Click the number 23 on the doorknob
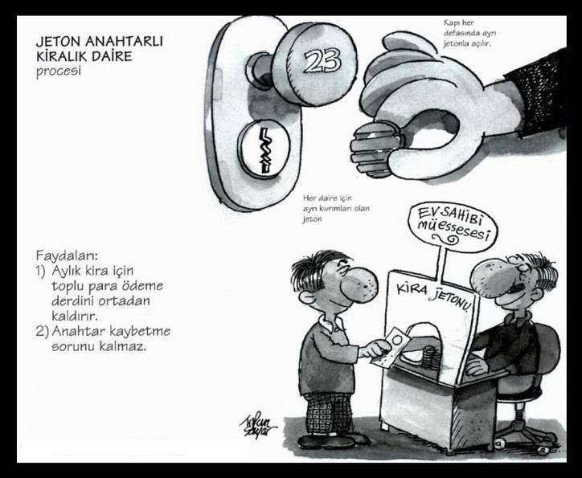click(x=322, y=60)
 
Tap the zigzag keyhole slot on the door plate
click(x=264, y=150)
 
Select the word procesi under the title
click(x=58, y=71)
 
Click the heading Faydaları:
click(x=68, y=256)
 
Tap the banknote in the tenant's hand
click(x=391, y=348)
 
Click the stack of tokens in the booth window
click(x=431, y=355)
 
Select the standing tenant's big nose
click(x=361, y=285)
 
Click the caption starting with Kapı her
click(x=469, y=33)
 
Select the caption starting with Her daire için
click(x=335, y=208)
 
